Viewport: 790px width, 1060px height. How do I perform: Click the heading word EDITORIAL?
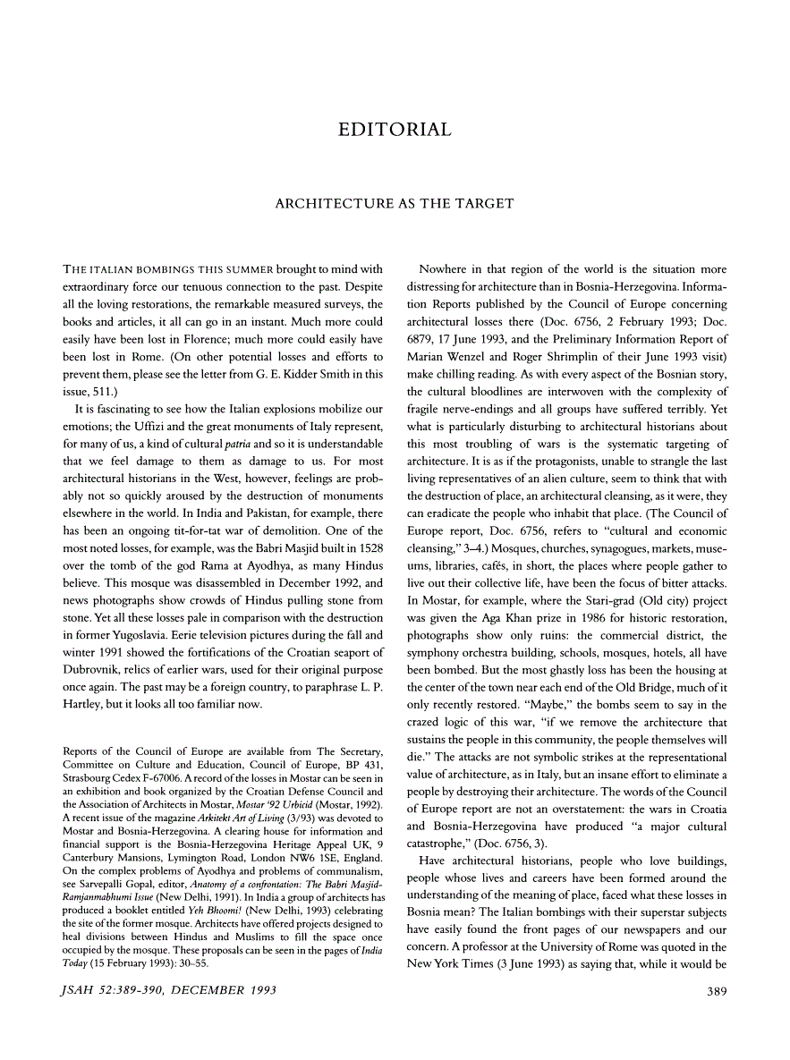(x=395, y=131)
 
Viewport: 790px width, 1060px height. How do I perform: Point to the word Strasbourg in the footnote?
(x=91, y=779)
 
